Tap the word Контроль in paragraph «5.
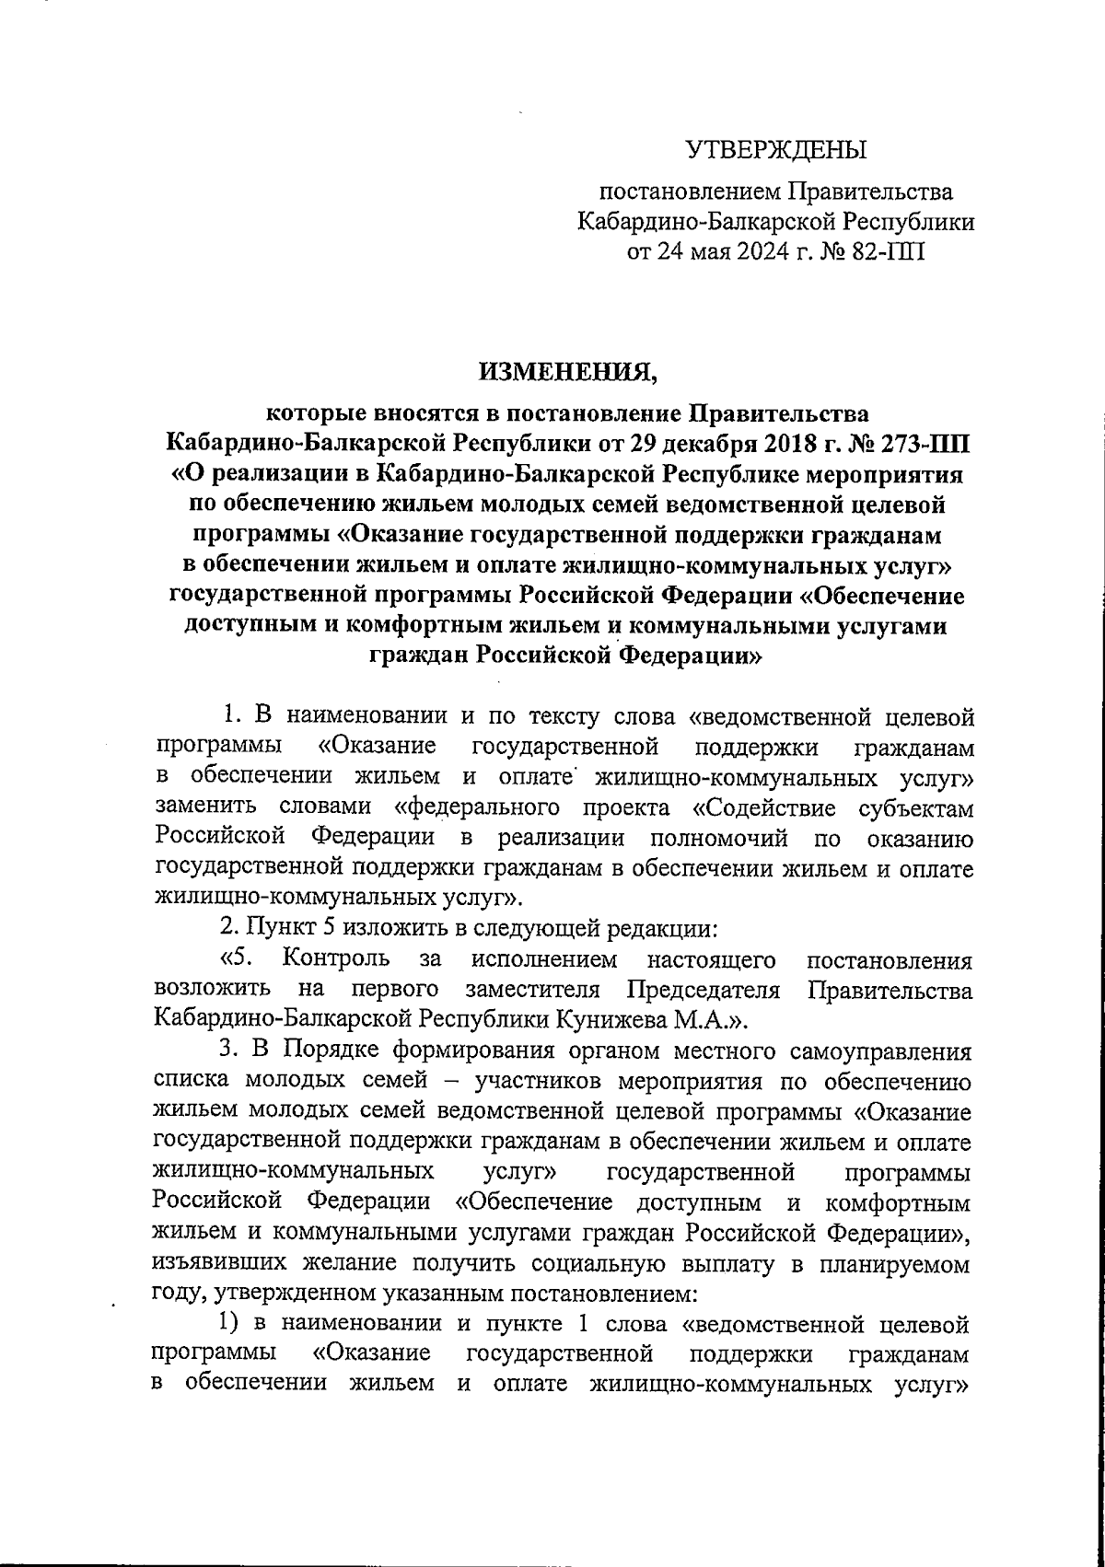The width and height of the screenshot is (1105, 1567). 336,959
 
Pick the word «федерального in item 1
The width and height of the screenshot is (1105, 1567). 477,807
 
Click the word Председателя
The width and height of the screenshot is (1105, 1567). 704,990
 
